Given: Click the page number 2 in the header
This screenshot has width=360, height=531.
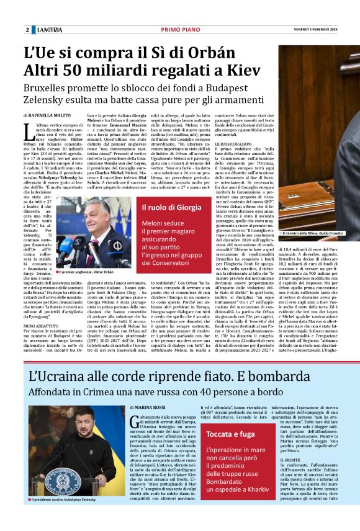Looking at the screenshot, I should coord(27,30).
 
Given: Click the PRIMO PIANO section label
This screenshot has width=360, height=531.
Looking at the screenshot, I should coord(180,30).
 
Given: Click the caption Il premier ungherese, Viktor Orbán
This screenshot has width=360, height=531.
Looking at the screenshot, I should coord(88,272).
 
